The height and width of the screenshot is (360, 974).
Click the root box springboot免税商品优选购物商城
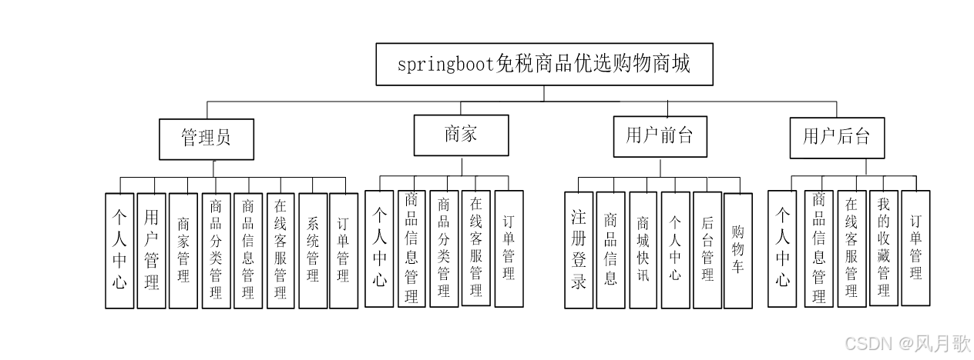click(x=544, y=65)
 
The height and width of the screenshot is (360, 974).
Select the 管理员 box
click(x=207, y=138)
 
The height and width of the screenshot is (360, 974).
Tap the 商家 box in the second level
click(x=461, y=135)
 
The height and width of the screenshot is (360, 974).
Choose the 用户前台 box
click(x=660, y=137)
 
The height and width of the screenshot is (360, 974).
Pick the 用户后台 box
click(x=837, y=138)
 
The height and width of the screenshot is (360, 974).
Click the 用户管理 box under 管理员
click(x=152, y=250)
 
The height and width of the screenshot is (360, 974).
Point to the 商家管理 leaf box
click(x=183, y=250)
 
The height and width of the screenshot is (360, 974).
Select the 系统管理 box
click(x=312, y=250)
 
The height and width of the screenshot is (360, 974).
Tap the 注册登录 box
click(x=579, y=250)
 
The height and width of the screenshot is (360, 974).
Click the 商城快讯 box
click(x=643, y=250)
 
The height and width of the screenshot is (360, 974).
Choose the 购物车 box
click(x=737, y=250)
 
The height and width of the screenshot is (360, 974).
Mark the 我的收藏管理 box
click(x=883, y=248)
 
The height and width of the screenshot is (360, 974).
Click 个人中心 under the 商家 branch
click(x=379, y=248)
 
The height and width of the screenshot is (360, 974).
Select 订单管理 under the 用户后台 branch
click(x=915, y=248)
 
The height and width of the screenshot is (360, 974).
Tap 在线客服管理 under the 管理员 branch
click(x=280, y=250)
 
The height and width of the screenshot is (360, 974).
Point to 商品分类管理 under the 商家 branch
click(x=444, y=248)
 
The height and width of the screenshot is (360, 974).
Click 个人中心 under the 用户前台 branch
click(x=675, y=250)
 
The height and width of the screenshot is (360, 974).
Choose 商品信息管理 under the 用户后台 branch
click(x=819, y=248)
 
